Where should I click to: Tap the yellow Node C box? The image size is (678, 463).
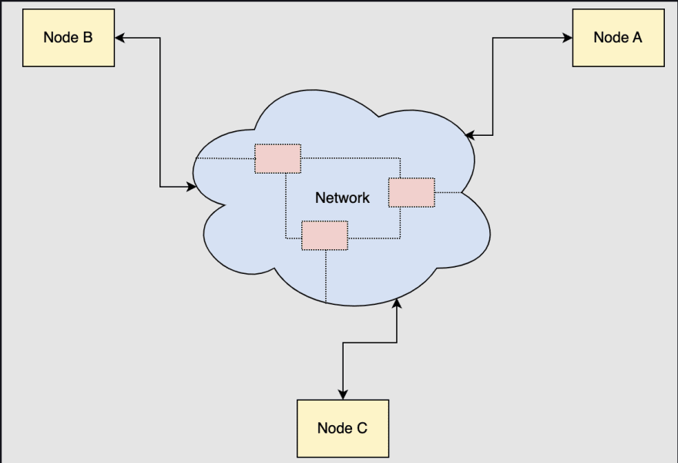pyautogui.click(x=343, y=428)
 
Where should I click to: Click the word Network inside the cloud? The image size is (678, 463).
pyautogui.click(x=342, y=198)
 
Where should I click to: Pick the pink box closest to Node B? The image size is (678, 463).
pyautogui.click(x=277, y=159)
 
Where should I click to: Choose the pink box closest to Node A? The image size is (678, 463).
pyautogui.click(x=411, y=192)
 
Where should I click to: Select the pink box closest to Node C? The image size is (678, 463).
pyautogui.click(x=324, y=235)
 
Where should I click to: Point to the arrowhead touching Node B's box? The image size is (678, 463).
pyautogui.click(x=120, y=38)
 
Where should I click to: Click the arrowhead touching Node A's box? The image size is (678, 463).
pyautogui.click(x=567, y=38)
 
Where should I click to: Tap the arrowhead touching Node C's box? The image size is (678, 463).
pyautogui.click(x=343, y=394)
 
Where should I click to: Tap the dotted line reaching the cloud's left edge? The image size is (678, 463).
pyautogui.click(x=225, y=159)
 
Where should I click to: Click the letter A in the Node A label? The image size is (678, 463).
pyautogui.click(x=636, y=38)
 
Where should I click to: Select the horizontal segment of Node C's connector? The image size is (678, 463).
pyautogui.click(x=370, y=343)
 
